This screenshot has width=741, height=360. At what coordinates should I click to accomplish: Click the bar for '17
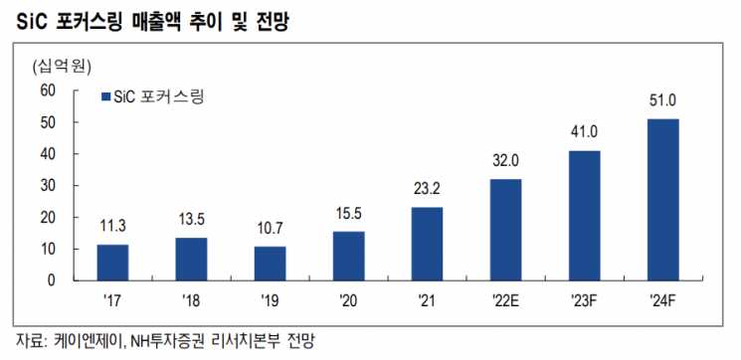(112, 263)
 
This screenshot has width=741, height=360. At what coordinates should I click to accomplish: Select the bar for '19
(270, 264)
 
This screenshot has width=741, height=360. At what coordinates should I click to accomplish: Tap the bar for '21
(427, 244)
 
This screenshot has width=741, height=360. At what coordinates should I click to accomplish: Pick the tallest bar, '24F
(662, 200)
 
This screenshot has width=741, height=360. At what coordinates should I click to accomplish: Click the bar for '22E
(505, 230)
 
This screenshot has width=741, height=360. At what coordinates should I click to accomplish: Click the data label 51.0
(662, 100)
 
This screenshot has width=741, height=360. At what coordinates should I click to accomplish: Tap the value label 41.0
(584, 132)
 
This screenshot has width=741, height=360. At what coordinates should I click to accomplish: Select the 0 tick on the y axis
(51, 280)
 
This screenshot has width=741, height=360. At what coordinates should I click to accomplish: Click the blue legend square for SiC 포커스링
(106, 97)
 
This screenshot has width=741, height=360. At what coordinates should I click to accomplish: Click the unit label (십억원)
(61, 68)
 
